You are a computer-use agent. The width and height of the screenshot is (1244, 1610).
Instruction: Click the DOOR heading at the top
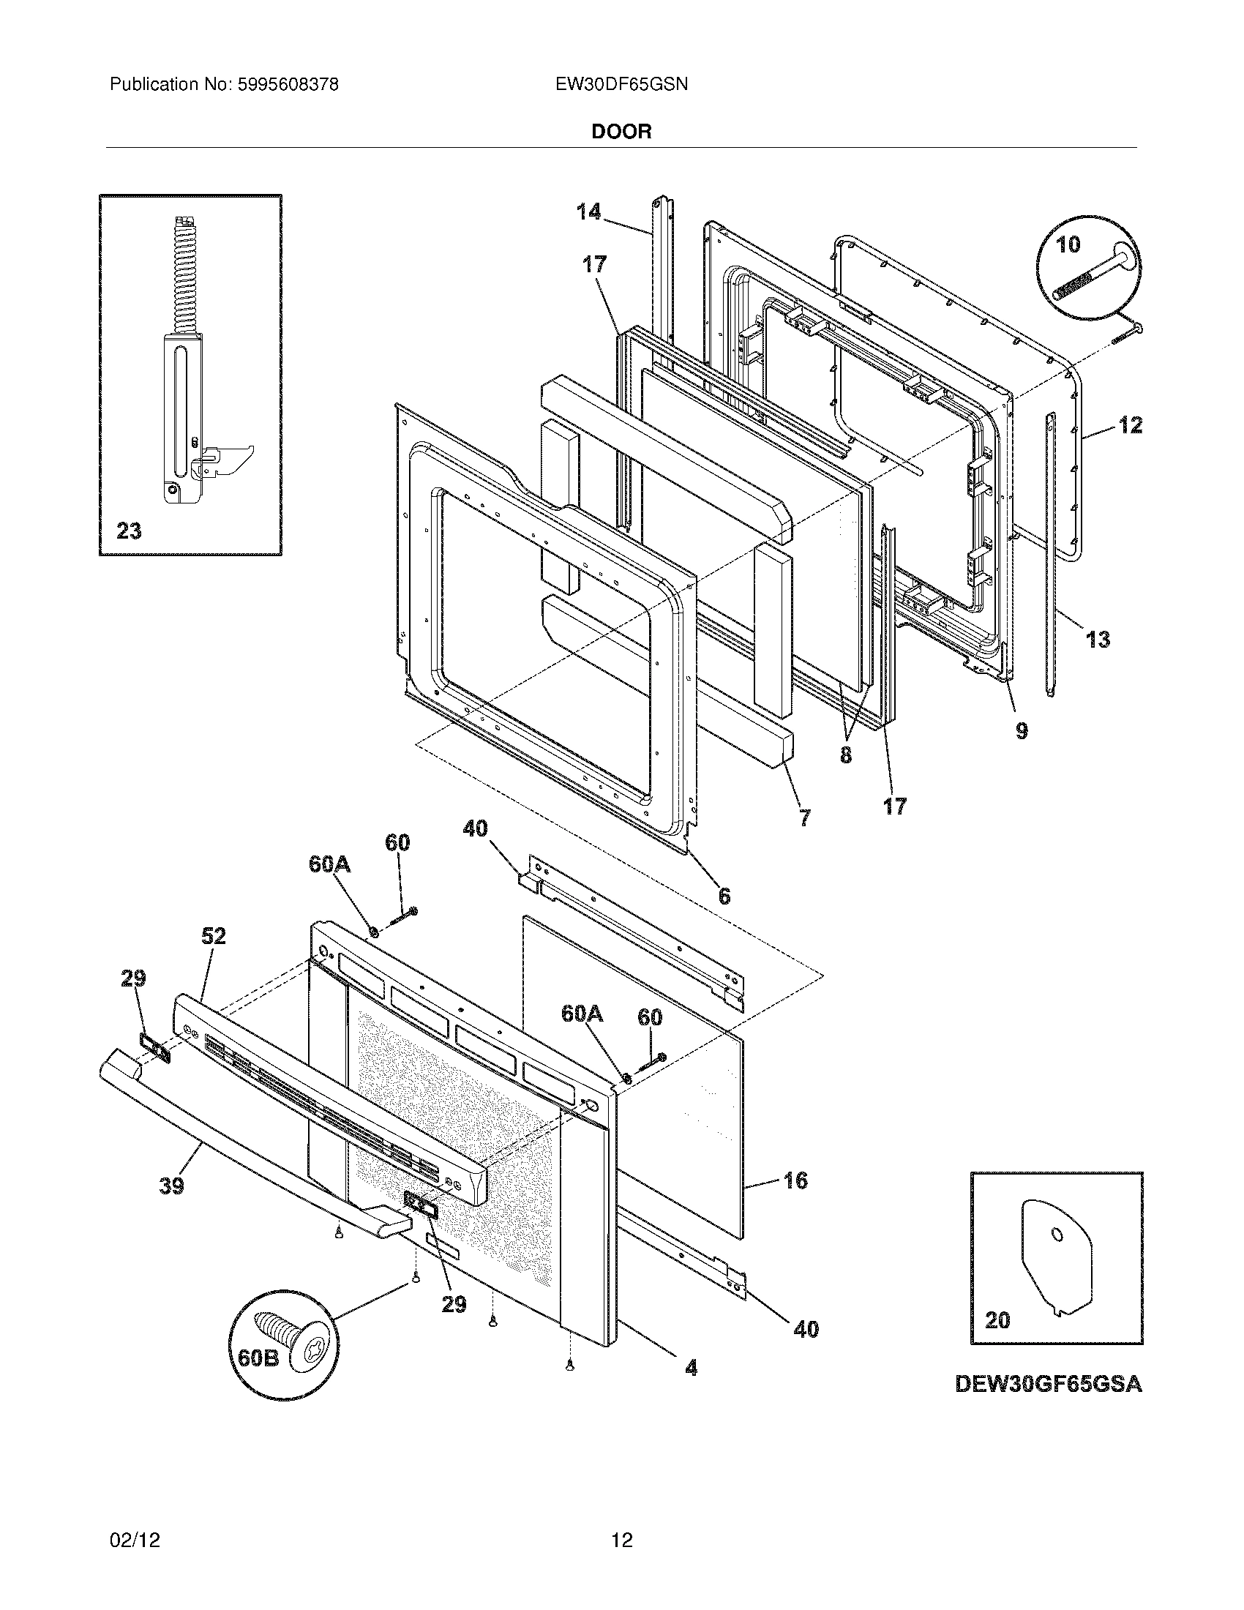621,132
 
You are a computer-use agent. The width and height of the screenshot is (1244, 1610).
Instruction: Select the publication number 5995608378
288,85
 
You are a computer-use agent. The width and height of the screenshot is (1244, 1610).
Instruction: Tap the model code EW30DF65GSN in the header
621,85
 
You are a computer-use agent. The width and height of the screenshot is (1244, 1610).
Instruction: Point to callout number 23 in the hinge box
129,531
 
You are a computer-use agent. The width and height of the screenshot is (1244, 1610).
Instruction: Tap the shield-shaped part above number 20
1055,1254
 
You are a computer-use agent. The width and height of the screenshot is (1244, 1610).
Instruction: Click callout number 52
213,936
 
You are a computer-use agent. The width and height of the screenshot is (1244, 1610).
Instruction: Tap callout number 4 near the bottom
691,1368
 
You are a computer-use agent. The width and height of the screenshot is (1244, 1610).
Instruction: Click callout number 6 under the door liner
724,896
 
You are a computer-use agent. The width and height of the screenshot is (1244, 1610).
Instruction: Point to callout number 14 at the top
588,212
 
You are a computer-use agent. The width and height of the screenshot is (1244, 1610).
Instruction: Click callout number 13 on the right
1098,639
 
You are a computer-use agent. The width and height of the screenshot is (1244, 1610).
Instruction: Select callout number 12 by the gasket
1131,424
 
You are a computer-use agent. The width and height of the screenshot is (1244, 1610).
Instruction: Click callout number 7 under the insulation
804,817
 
